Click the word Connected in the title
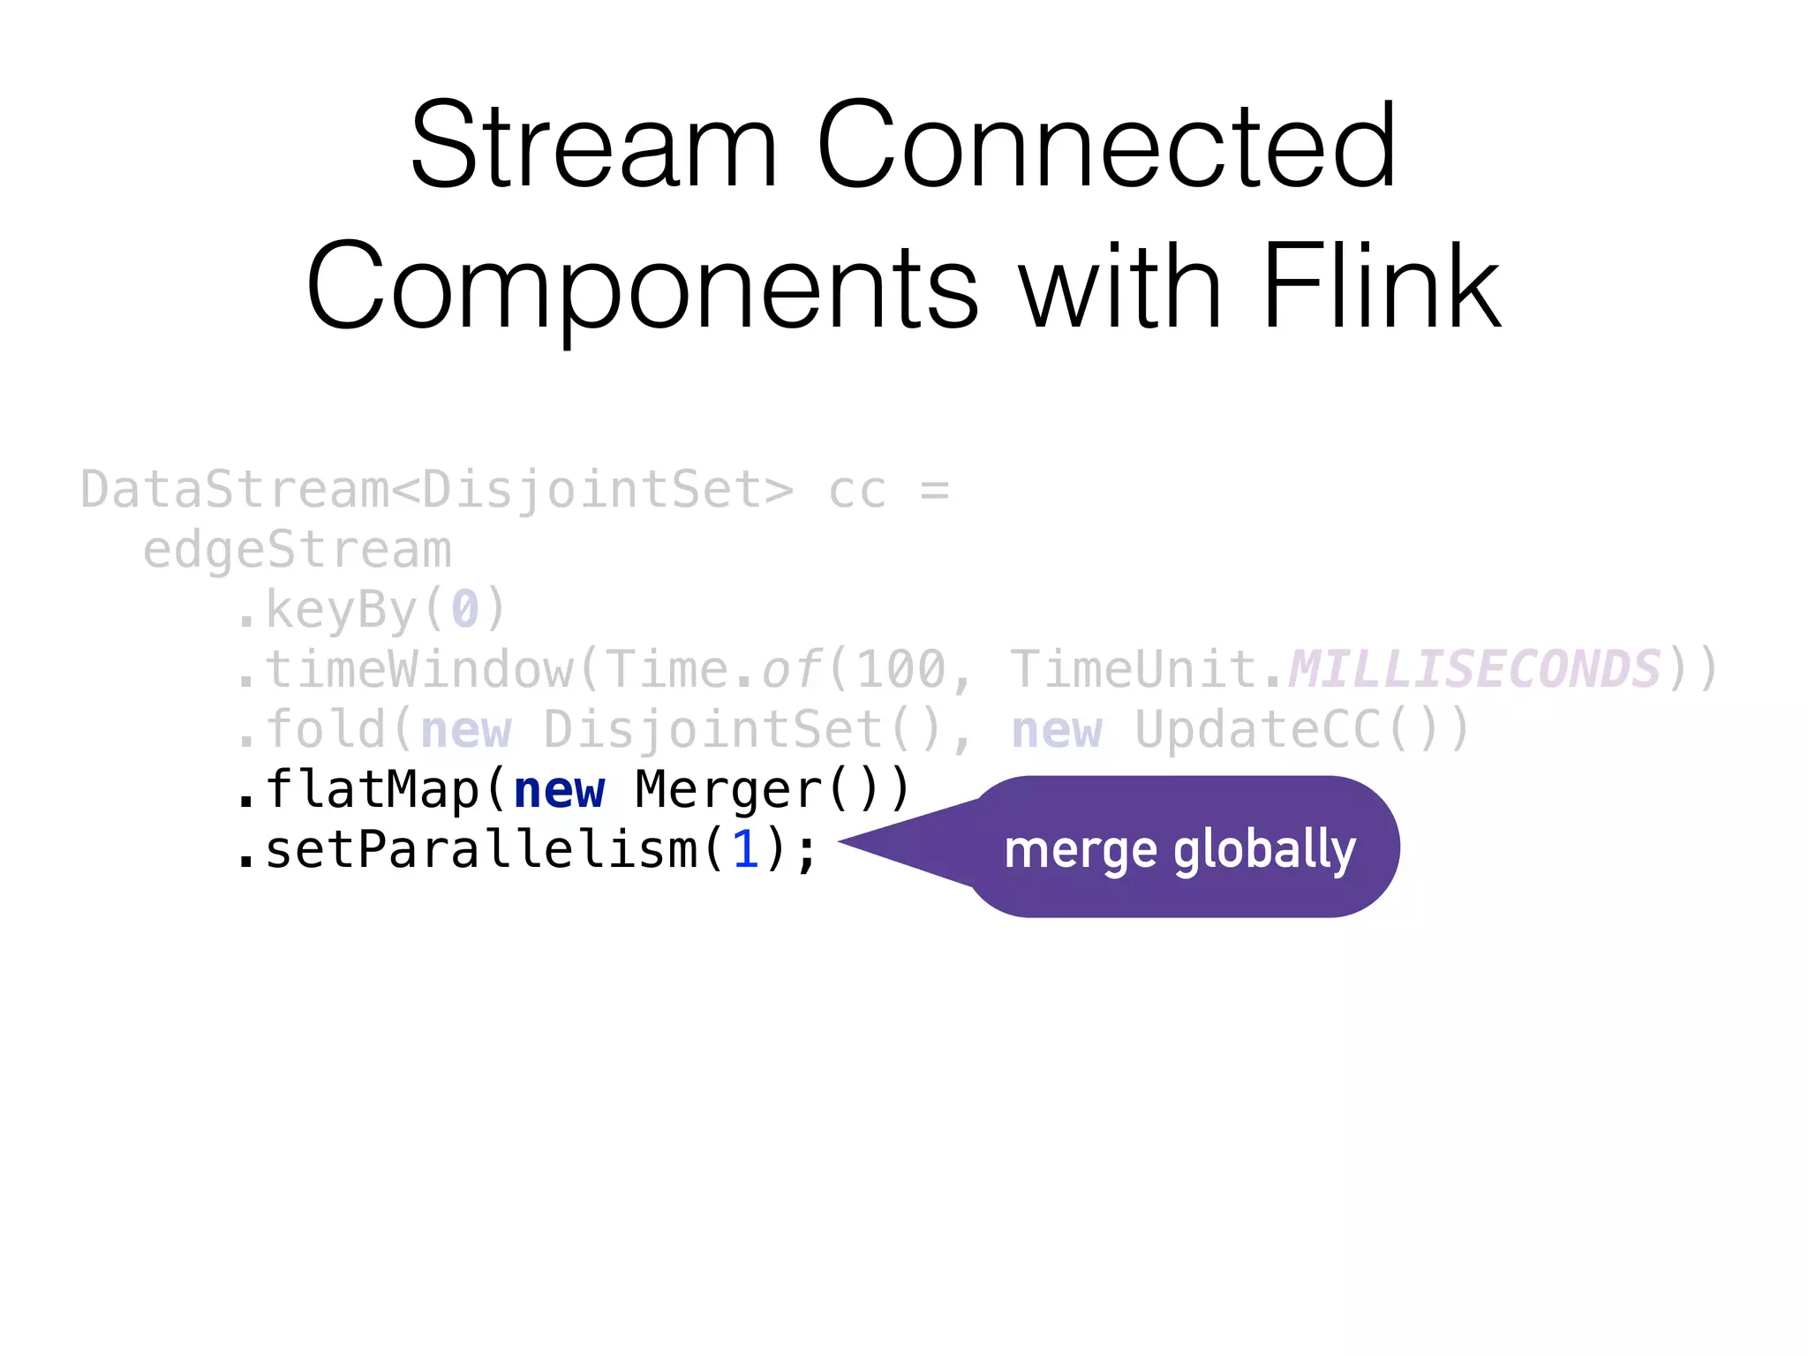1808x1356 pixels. point(1106,146)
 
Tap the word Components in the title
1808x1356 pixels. point(642,288)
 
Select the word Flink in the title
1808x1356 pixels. point(1381,288)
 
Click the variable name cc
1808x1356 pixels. point(856,491)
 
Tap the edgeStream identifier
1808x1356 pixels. point(298,551)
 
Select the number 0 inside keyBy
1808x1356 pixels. point(465,610)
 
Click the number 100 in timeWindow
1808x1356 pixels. point(901,670)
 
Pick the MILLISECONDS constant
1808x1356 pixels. point(1474,670)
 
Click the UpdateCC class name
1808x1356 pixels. point(1257,730)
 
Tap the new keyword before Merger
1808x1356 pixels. point(559,790)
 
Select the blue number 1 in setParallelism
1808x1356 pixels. point(745,850)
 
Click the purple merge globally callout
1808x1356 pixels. point(1183,847)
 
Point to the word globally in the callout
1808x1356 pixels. point(1264,850)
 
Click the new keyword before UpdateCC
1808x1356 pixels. point(1057,730)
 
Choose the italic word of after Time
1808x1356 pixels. point(792,670)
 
